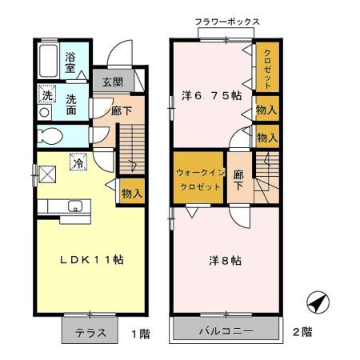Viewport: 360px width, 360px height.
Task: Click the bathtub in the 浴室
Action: click(x=48, y=61)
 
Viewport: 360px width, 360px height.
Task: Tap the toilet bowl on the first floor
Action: click(x=50, y=135)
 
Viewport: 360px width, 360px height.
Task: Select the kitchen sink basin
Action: click(x=75, y=206)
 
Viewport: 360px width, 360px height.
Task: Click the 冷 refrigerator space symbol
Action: click(x=78, y=162)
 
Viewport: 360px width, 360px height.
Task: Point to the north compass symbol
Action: click(x=318, y=302)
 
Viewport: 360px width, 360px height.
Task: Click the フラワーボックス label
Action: click(x=227, y=22)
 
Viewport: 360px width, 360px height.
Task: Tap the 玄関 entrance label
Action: click(x=113, y=82)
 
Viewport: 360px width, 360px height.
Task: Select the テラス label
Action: click(x=90, y=333)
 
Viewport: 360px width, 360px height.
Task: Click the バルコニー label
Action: click(x=226, y=331)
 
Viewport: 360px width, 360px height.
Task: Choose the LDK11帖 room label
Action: click(x=91, y=259)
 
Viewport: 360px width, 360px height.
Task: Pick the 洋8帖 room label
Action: click(x=226, y=261)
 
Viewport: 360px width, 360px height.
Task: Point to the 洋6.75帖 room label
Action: click(x=212, y=95)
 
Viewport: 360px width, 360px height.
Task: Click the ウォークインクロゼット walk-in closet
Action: click(x=198, y=177)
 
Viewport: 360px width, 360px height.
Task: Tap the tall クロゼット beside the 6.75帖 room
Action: click(x=267, y=67)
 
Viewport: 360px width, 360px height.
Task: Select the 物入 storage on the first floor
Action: click(x=132, y=192)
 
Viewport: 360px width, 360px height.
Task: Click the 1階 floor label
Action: click(x=142, y=334)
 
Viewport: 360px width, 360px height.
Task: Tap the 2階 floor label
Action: click(x=302, y=332)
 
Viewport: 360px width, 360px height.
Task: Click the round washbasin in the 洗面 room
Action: click(x=44, y=112)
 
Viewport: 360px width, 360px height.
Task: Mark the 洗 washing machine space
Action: click(x=47, y=94)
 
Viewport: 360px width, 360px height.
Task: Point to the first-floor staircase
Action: click(x=132, y=149)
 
